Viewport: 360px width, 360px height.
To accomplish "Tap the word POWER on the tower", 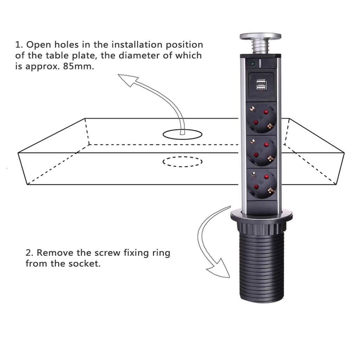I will (x=260, y=64).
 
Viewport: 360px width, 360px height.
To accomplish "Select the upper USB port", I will (x=261, y=82).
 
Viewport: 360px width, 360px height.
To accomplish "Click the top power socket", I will (x=261, y=118).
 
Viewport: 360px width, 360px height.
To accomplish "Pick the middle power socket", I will (x=261, y=151).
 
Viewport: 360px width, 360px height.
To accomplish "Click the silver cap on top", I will (x=261, y=36).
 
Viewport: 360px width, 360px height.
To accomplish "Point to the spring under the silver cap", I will (x=261, y=46).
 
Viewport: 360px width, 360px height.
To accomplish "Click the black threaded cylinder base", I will (x=261, y=267).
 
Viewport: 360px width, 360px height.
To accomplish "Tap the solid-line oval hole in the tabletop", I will (x=182, y=134).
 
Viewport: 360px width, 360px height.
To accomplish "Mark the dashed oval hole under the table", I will (x=182, y=161).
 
